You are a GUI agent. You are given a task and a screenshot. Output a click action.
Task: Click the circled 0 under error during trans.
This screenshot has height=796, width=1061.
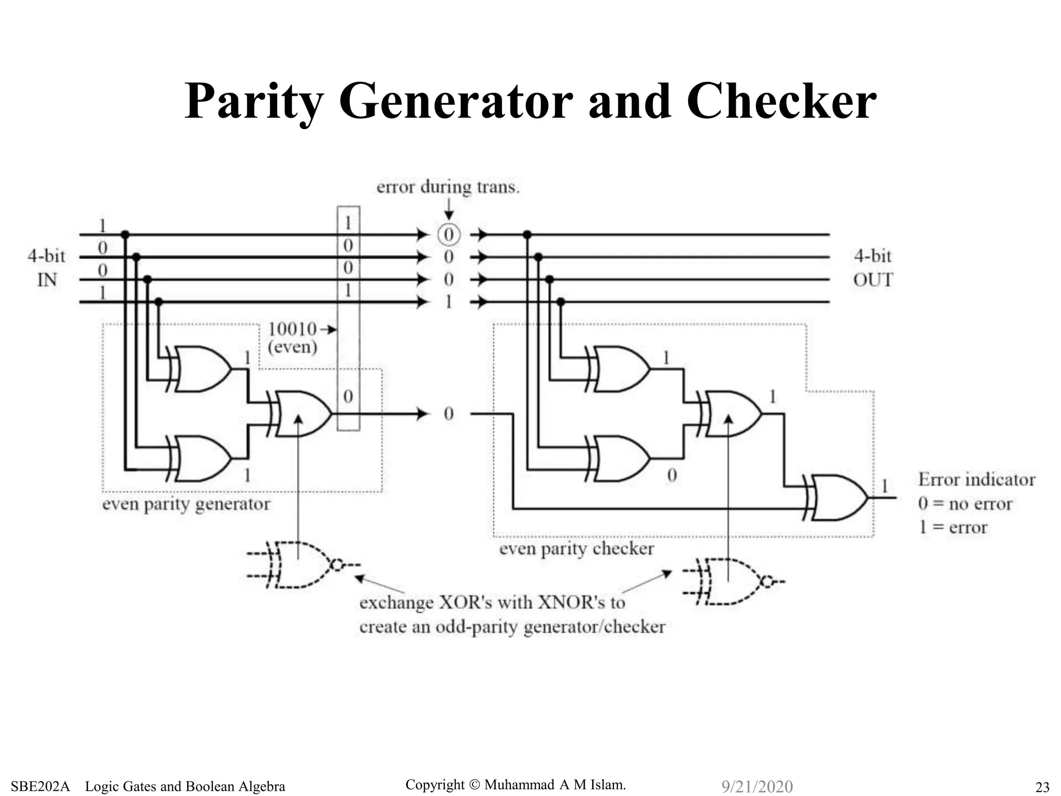(x=449, y=235)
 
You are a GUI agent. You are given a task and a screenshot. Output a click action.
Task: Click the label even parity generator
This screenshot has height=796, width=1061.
(x=186, y=504)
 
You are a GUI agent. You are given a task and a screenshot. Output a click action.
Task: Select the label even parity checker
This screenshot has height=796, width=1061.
(x=577, y=548)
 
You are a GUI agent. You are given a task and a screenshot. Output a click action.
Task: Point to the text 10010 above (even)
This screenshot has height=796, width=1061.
(x=293, y=329)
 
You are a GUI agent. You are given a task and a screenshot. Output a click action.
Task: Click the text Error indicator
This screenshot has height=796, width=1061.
(x=977, y=479)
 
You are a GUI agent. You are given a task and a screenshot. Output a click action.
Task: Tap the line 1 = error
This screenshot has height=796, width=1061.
(x=953, y=527)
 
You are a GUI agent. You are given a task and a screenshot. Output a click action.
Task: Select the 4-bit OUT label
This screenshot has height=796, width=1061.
(x=873, y=267)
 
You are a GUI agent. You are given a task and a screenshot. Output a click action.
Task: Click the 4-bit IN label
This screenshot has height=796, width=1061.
(x=47, y=267)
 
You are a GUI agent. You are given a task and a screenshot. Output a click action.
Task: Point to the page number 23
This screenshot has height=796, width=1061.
(x=1042, y=787)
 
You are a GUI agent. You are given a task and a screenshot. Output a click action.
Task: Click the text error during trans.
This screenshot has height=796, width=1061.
(x=448, y=187)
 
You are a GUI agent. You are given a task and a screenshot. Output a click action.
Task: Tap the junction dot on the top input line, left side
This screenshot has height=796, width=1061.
(x=125, y=235)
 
